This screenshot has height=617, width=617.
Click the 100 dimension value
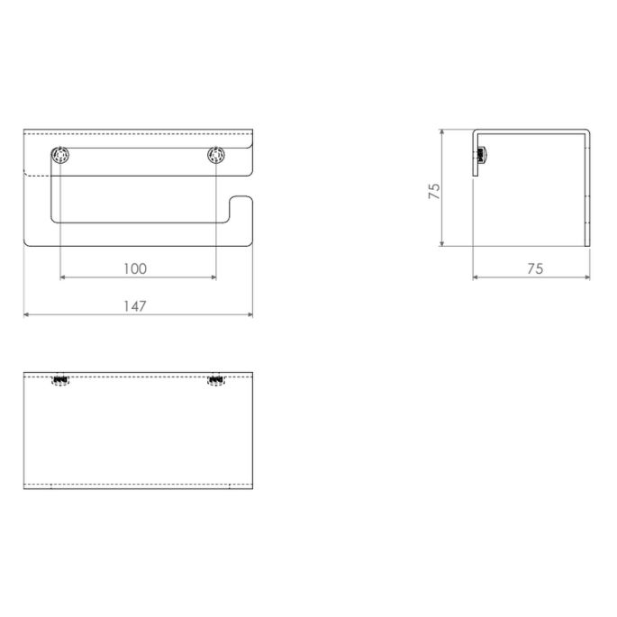click(135, 268)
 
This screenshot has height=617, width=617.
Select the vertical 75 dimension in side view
click(433, 190)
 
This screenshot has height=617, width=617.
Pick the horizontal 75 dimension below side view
click(534, 268)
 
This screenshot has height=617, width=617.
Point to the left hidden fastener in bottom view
click(60, 381)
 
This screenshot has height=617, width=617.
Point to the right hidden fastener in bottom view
click(216, 381)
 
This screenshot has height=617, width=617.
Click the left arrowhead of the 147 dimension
click(26, 314)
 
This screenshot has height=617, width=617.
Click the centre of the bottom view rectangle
click(138, 429)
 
